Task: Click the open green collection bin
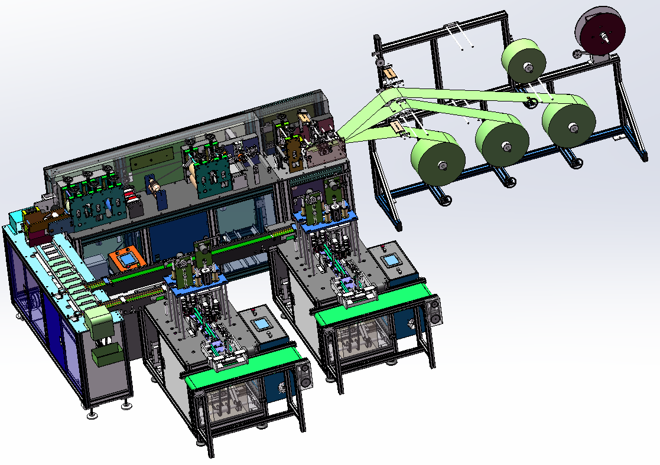107,355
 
